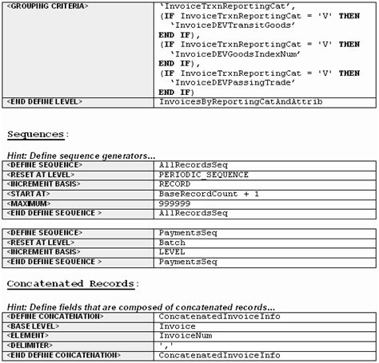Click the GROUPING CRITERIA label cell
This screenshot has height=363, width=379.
pos(47,6)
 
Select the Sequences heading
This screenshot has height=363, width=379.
pos(38,133)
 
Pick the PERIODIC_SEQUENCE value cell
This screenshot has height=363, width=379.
pos(204,175)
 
